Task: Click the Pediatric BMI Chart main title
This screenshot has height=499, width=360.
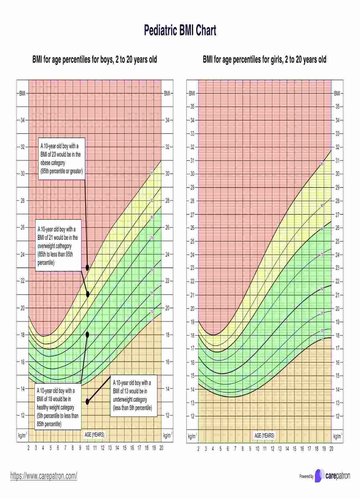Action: [x=180, y=31]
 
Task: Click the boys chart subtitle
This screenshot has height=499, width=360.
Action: [x=95, y=59]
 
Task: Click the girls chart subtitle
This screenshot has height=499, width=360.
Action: [x=264, y=59]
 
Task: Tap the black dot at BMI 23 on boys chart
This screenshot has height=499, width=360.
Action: [x=87, y=268]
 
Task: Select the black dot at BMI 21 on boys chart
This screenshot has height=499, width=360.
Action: [x=88, y=294]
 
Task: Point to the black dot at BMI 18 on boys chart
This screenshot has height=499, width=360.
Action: [x=87, y=335]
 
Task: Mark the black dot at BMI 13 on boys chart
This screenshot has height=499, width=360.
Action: [x=88, y=402]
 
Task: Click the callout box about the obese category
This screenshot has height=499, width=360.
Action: [x=62, y=159]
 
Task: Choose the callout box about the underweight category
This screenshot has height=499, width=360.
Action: [x=132, y=395]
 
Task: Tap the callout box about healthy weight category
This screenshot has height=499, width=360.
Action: [x=58, y=407]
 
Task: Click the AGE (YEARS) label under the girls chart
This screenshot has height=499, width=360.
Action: [x=264, y=435]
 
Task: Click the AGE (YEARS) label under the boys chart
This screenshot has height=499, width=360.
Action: [x=94, y=434]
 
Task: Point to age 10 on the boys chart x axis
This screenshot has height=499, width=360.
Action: [x=88, y=448]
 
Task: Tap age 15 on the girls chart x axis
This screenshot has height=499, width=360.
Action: [x=294, y=449]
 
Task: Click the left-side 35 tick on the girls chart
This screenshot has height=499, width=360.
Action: [x=192, y=107]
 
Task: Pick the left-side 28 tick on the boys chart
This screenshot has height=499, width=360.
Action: [x=23, y=201]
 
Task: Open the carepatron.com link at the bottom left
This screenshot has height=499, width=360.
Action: [x=44, y=476]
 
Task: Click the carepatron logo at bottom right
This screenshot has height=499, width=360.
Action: [x=332, y=476]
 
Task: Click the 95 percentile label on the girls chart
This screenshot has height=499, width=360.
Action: [x=322, y=164]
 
